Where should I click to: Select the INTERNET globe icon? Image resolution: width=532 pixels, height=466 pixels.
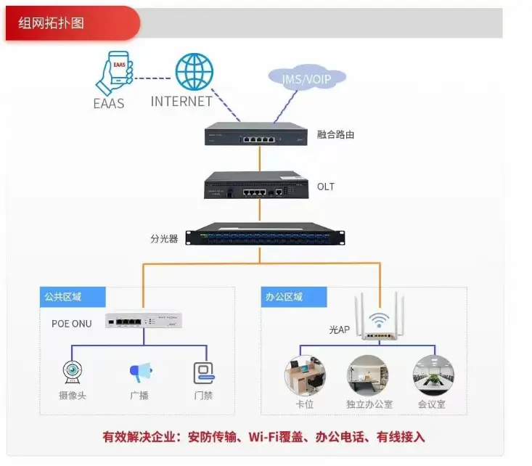point(194,72)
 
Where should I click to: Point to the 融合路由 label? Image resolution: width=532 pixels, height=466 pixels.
point(336,135)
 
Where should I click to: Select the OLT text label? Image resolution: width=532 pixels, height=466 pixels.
point(326,187)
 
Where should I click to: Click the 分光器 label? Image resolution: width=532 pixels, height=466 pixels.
point(164,238)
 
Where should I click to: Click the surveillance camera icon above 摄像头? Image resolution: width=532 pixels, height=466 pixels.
point(72,372)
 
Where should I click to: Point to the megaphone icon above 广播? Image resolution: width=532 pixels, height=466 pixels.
point(140,373)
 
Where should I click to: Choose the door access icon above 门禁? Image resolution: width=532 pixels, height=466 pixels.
point(204,372)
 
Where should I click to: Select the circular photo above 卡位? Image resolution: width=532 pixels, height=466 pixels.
point(305,374)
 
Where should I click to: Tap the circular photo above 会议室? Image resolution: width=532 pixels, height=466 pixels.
point(433,375)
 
